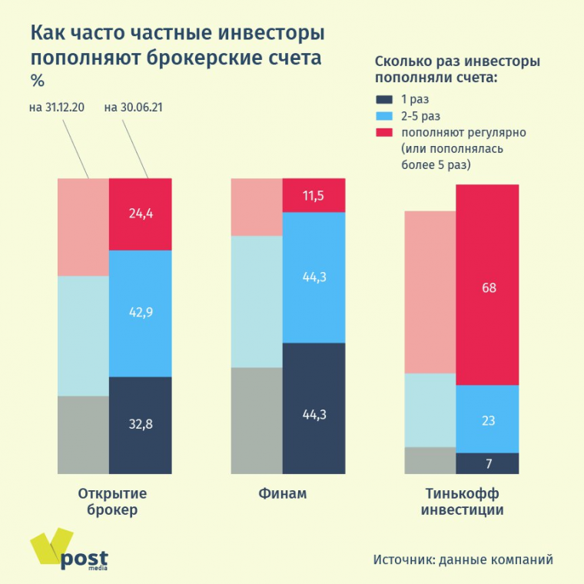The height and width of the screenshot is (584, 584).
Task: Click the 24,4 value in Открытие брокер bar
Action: click(141, 214)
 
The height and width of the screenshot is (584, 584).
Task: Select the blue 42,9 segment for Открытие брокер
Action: click(141, 314)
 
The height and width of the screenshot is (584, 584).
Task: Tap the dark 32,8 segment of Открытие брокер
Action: click(141, 424)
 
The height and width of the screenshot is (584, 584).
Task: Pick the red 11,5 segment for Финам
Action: click(314, 195)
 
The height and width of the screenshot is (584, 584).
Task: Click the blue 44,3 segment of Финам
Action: click(314, 277)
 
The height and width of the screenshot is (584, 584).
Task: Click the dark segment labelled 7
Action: click(487, 463)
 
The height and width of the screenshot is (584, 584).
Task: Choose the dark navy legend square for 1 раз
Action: click(384, 99)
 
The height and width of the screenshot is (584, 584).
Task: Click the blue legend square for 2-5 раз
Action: click(384, 116)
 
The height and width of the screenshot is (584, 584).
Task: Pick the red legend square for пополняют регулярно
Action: click(384, 132)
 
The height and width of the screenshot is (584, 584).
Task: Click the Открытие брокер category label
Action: click(113, 501)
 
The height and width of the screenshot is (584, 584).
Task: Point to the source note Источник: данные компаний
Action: click(463, 559)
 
